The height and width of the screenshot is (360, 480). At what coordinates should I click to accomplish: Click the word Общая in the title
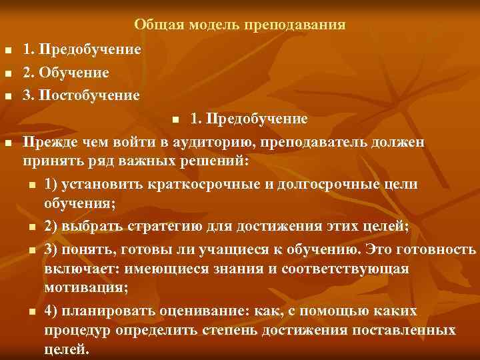tap(154, 25)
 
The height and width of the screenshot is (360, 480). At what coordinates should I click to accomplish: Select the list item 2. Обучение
tap(66, 72)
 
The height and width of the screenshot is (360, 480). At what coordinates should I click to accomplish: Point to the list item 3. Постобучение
tap(81, 95)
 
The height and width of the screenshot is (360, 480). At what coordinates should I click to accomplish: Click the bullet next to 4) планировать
tap(31, 313)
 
